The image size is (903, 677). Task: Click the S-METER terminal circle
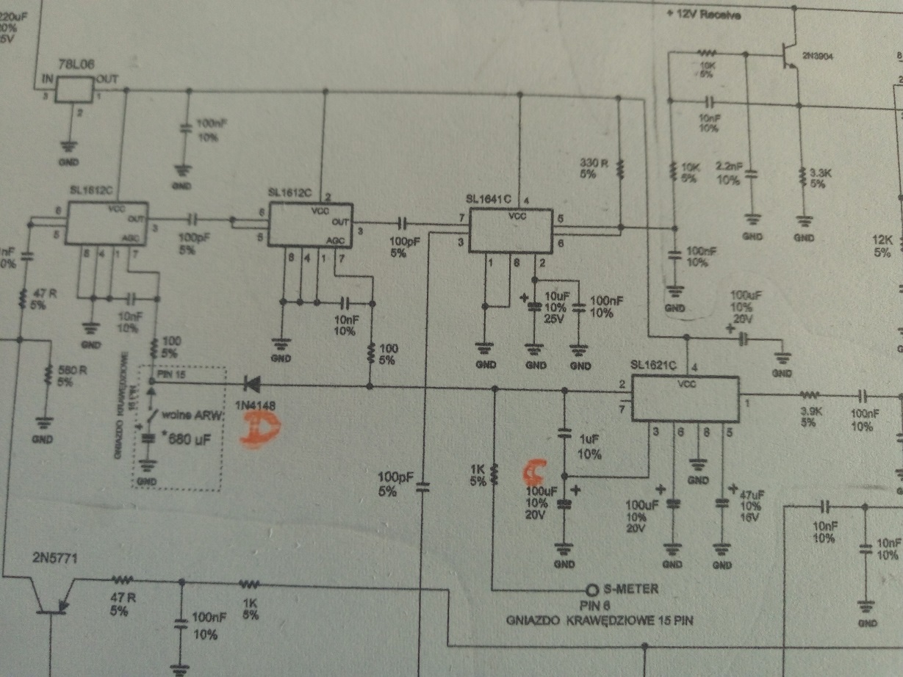click(x=592, y=590)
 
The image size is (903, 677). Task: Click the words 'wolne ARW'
click(x=187, y=415)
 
